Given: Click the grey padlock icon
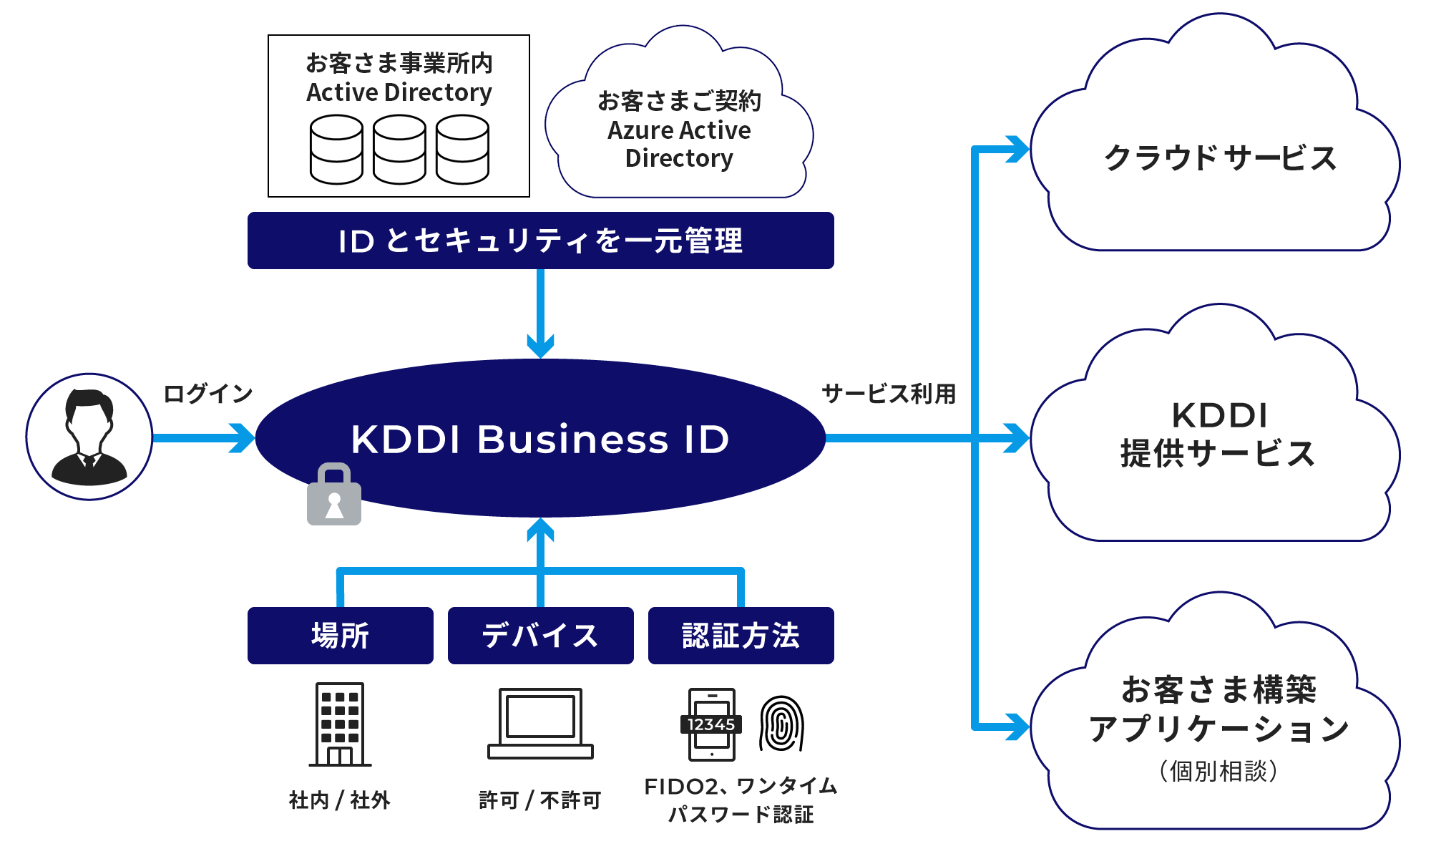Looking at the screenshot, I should [334, 495].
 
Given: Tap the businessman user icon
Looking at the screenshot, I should [89, 437].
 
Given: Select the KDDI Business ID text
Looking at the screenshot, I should [540, 439].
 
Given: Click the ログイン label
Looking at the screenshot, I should [207, 394].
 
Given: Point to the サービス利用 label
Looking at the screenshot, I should [889, 394].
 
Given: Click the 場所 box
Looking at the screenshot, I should [341, 636].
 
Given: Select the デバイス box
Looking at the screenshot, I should [540, 636].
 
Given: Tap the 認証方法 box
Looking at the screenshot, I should [741, 636].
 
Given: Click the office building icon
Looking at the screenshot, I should [340, 724].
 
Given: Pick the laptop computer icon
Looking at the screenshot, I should [540, 723].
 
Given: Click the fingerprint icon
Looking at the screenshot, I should [781, 724].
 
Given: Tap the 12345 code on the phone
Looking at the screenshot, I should [710, 724].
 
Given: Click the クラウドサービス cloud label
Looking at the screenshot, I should [1220, 158].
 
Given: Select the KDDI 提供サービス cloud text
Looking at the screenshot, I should [1218, 435].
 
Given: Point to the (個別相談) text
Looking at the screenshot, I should [1218, 771].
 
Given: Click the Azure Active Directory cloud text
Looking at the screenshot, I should [679, 130].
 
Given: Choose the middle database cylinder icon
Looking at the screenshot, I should [399, 150].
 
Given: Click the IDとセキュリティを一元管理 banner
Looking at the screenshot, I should [540, 241].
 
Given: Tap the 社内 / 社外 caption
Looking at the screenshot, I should [339, 800].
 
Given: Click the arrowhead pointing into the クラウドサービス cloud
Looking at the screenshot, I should [1016, 150].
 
